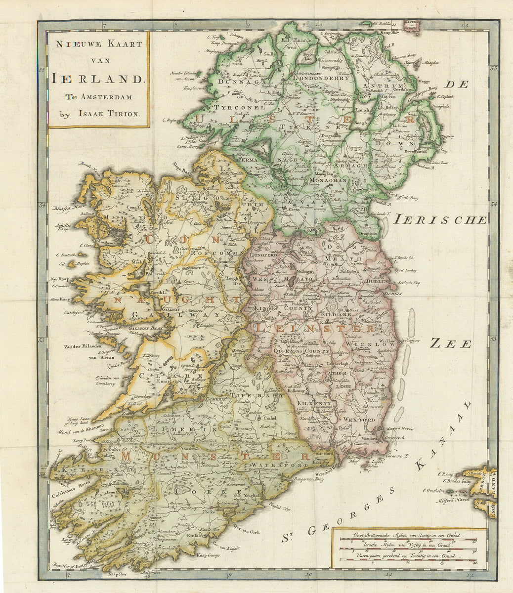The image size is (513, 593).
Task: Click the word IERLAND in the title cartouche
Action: coord(97,78)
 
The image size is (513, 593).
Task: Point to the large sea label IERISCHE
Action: coord(438,220)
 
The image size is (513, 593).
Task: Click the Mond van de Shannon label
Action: coord(83,428)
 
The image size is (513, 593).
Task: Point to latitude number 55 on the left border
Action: coord(42,71)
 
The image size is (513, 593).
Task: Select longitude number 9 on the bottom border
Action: coord(230,575)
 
